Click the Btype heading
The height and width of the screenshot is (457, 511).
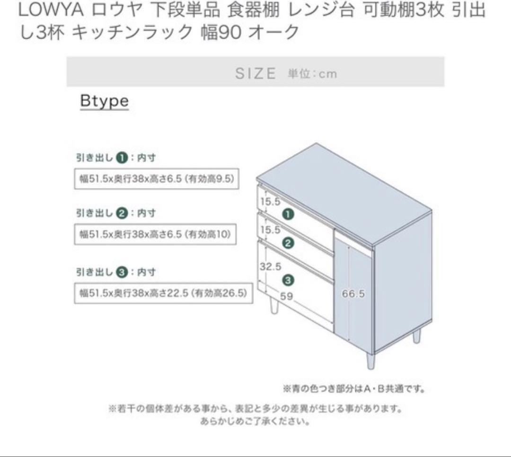pyautogui.click(x=104, y=101)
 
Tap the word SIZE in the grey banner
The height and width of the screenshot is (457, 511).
pyautogui.click(x=255, y=73)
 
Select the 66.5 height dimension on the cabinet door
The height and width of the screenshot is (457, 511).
pyautogui.click(x=353, y=293)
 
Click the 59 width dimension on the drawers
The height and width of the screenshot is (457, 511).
pyautogui.click(x=286, y=296)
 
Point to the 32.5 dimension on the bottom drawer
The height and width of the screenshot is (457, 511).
pyautogui.click(x=270, y=266)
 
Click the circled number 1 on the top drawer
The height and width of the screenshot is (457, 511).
pyautogui.click(x=288, y=214)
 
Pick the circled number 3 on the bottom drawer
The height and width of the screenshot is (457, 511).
pyautogui.click(x=288, y=280)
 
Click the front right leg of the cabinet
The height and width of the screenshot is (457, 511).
pyautogui.click(x=371, y=361)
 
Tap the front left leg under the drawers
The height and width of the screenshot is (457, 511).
pyautogui.click(x=273, y=306)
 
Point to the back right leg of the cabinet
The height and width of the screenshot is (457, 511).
pyautogui.click(x=416, y=336)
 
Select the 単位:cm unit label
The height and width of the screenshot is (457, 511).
pyautogui.click(x=312, y=74)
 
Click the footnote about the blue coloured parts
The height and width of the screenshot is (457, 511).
pyautogui.click(x=354, y=389)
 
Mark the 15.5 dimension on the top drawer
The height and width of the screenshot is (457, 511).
pyautogui.click(x=270, y=201)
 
